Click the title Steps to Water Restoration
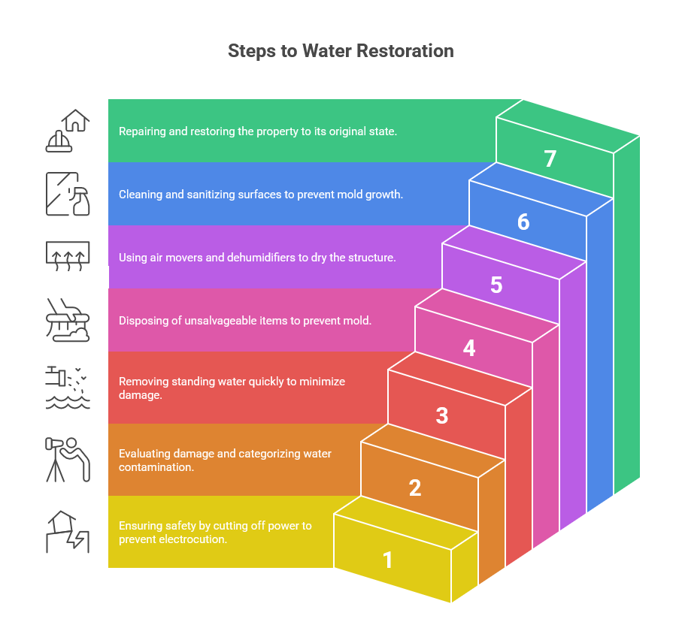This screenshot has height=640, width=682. (341, 51)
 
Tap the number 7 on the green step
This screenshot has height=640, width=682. (550, 159)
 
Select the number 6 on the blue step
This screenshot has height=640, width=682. (523, 222)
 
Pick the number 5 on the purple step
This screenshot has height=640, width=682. (496, 285)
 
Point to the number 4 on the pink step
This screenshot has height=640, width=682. (469, 349)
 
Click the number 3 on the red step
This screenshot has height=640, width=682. (442, 415)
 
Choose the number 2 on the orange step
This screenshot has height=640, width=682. (415, 488)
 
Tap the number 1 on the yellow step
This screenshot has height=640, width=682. (388, 560)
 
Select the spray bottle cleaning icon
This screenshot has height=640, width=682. (68, 194)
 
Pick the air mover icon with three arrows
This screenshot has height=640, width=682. (68, 257)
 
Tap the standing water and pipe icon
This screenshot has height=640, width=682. (68, 388)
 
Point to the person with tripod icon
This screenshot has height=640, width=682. (68, 459)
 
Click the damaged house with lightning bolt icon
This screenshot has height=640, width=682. (68, 532)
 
